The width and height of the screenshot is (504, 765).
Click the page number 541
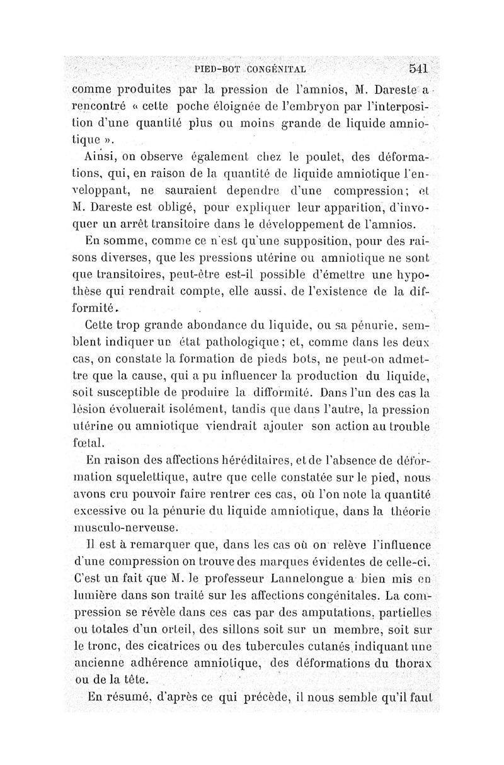[x=418, y=68]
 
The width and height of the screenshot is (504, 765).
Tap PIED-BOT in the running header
[x=217, y=69]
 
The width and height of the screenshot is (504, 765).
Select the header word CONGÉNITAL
[x=277, y=69]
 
